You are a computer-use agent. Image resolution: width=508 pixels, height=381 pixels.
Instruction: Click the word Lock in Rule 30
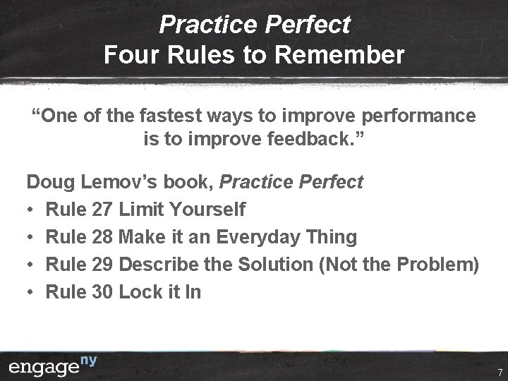pyautogui.click(x=140, y=291)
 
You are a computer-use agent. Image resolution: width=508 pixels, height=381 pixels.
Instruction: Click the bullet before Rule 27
pyautogui.click(x=31, y=210)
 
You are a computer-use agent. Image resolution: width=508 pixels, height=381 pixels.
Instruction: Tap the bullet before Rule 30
pyautogui.click(x=31, y=292)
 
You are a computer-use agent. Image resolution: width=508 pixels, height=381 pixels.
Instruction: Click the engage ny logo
pyautogui.click(x=54, y=366)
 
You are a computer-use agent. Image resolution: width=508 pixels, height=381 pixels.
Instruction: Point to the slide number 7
pyautogui.click(x=499, y=372)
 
